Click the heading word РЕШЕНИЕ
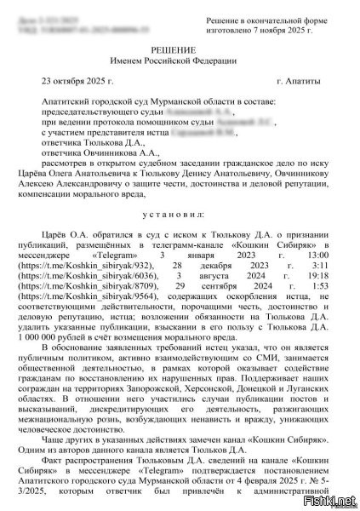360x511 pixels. [x=180, y=51]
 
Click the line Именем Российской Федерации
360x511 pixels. [x=180, y=64]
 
